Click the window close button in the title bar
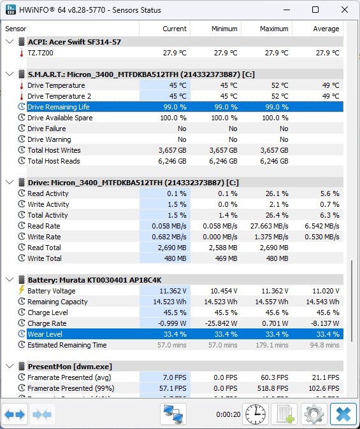click(x=345, y=10)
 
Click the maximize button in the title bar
click(x=315, y=10)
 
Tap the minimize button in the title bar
click(x=287, y=10)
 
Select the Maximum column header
click(x=274, y=29)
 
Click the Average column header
click(x=326, y=29)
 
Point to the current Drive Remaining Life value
click(x=175, y=107)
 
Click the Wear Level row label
click(x=45, y=334)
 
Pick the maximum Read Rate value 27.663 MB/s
click(x=270, y=226)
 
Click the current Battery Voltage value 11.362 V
click(x=173, y=291)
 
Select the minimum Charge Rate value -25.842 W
click(x=221, y=323)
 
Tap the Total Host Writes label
click(x=54, y=150)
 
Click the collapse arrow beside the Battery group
click(x=10, y=280)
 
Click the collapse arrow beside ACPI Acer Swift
click(x=10, y=42)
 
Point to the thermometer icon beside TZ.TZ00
click(x=22, y=53)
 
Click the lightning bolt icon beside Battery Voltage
click(x=22, y=290)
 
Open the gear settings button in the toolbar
click(x=314, y=414)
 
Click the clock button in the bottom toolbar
click(x=256, y=414)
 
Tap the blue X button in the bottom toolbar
click(x=343, y=414)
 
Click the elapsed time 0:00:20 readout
click(x=228, y=414)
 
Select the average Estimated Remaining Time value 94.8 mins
click(x=324, y=345)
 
